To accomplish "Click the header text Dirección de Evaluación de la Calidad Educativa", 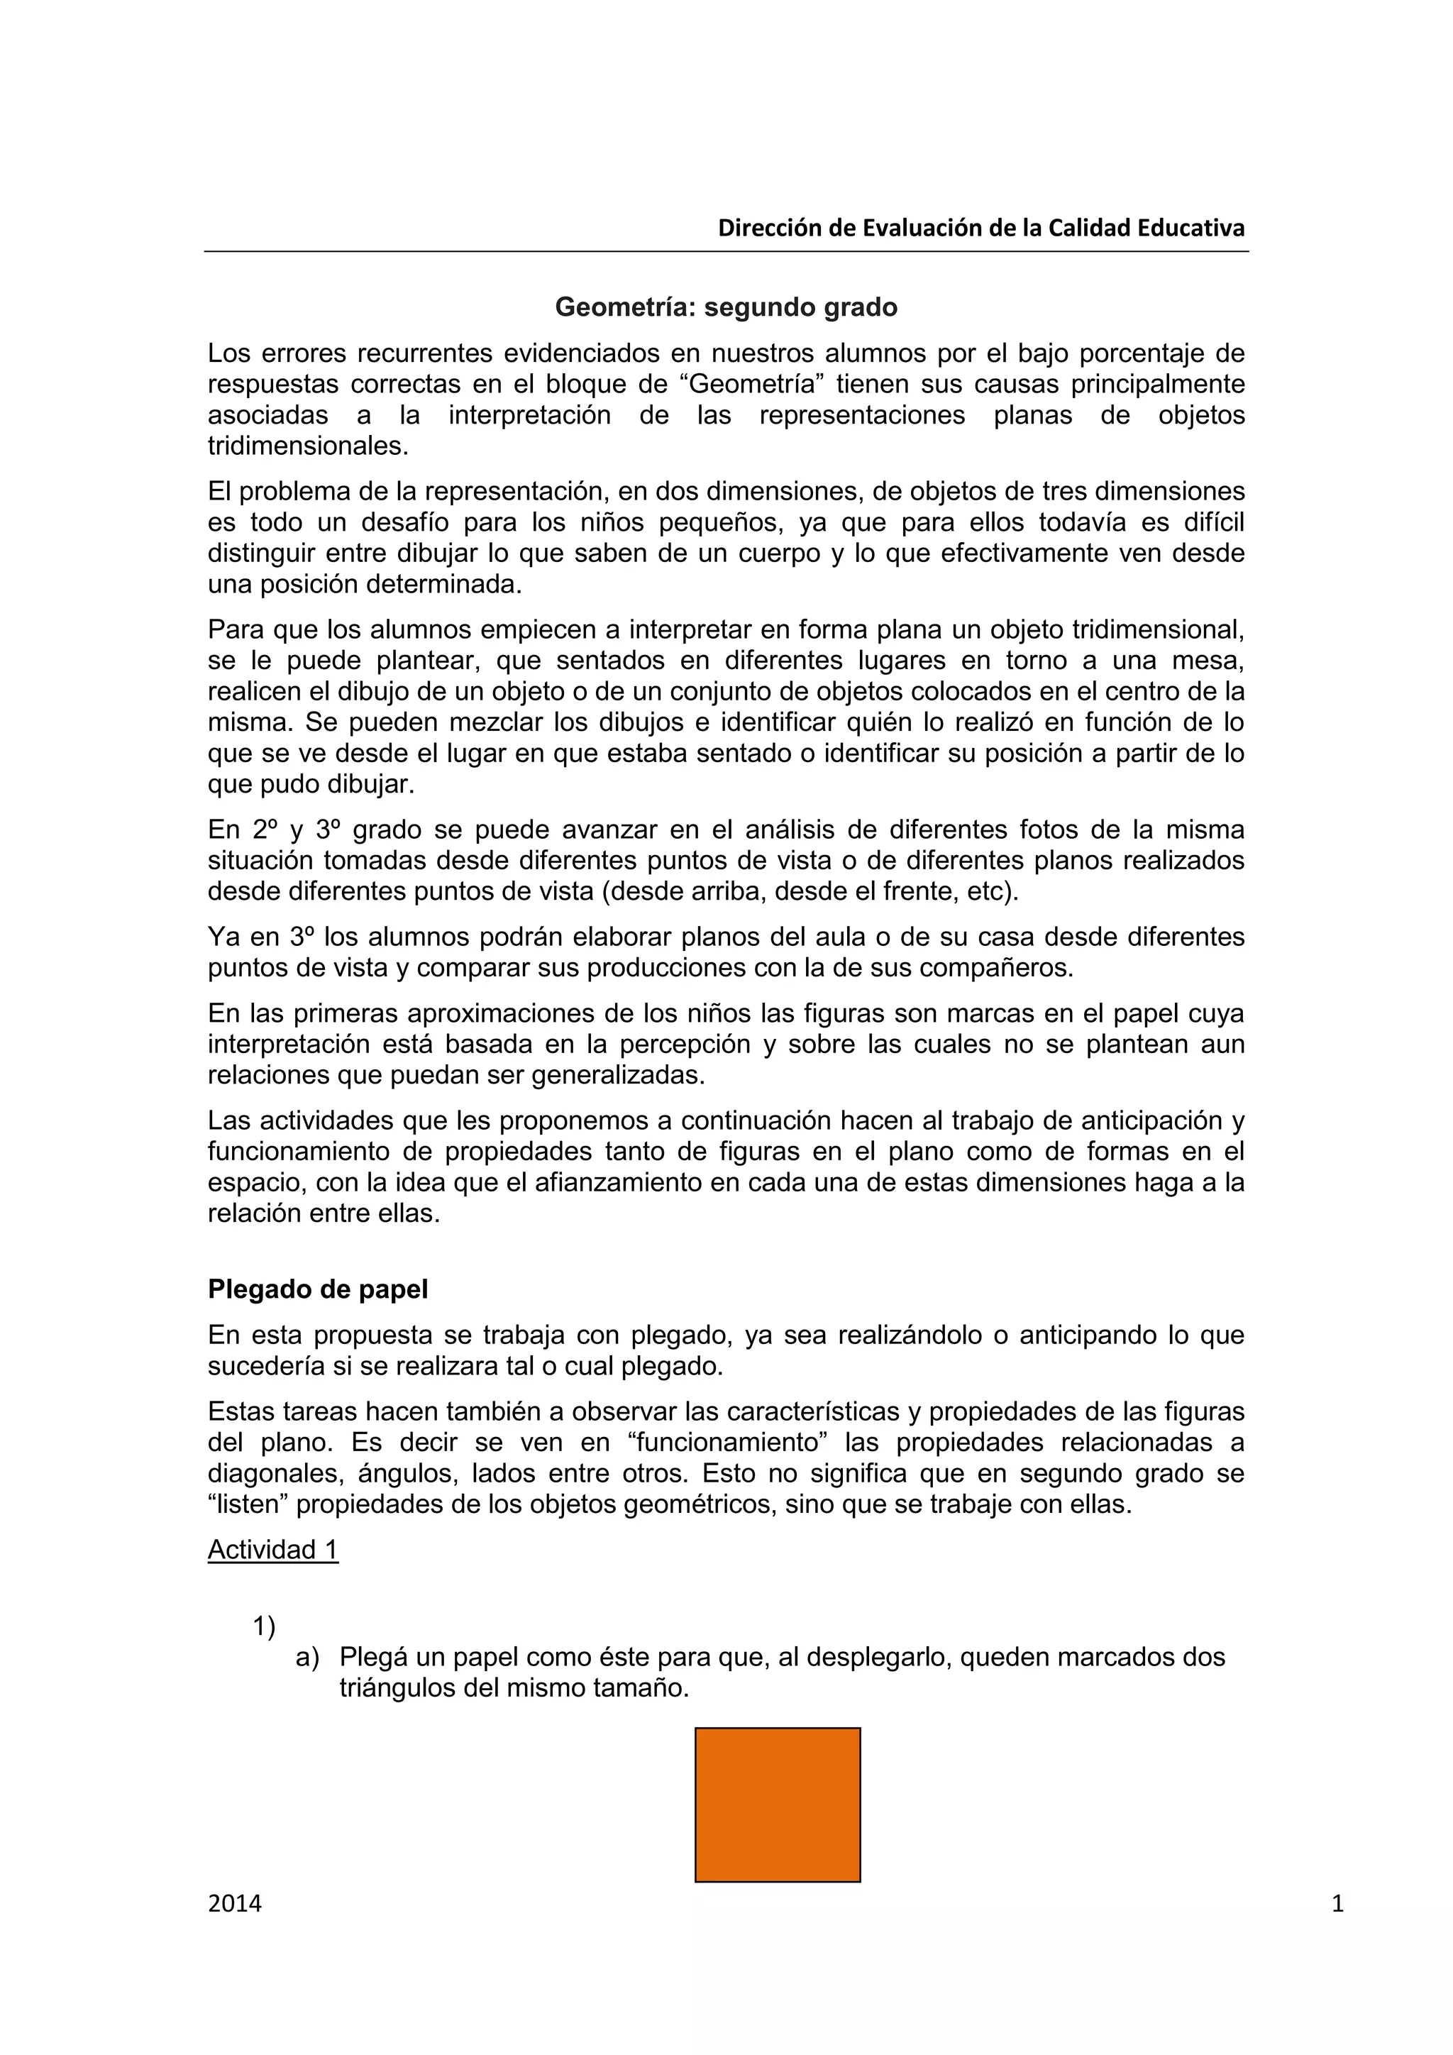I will (x=980, y=228).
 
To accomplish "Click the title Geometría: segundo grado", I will (x=726, y=307).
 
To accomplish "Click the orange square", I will (x=777, y=1805).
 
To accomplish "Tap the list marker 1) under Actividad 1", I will (x=264, y=1626).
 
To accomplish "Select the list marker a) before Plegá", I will (x=307, y=1658).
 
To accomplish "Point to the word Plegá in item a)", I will (x=374, y=1658).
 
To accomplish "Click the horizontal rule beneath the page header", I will (x=726, y=251).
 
